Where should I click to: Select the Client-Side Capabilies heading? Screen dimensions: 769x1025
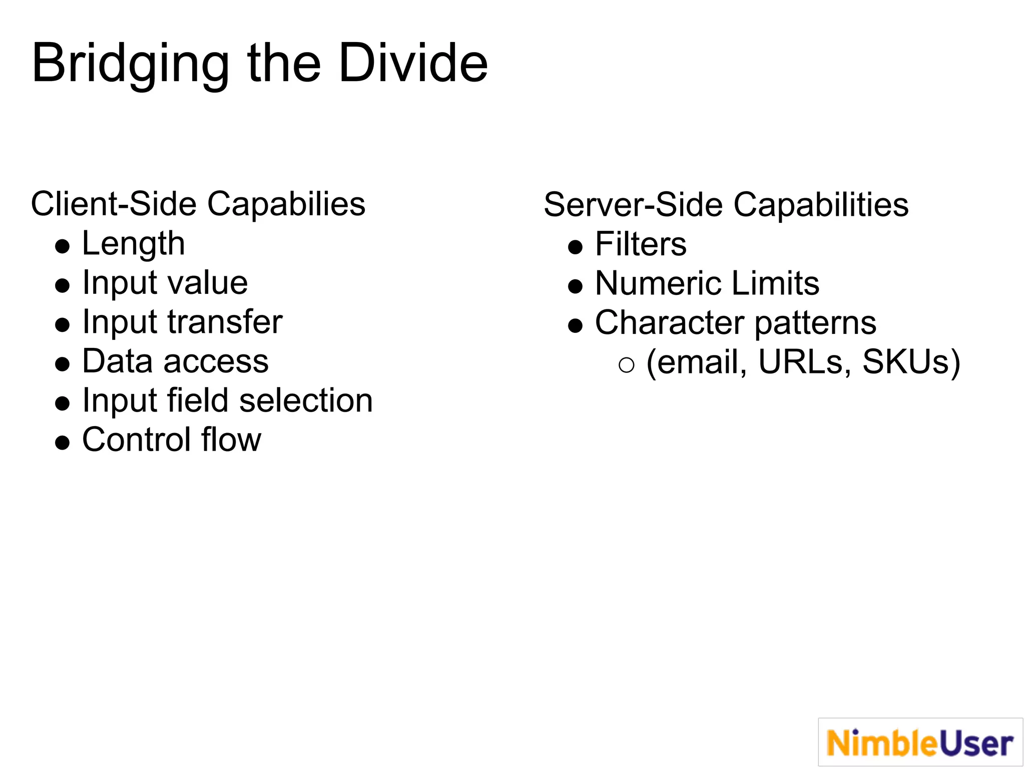198,204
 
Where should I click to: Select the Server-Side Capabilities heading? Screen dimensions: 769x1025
726,205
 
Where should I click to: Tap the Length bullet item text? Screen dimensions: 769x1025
133,244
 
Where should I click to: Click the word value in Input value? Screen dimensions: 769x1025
207,283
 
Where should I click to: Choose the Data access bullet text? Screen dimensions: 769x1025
175,361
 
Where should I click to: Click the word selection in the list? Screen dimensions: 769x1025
306,401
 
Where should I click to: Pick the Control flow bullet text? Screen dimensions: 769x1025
171,440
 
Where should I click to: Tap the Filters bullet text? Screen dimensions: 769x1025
641,244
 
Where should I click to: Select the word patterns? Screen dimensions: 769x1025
815,322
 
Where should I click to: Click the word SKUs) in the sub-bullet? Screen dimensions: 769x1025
911,361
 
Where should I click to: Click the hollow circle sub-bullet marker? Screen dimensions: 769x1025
626,365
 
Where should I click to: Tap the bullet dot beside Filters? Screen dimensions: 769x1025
576,247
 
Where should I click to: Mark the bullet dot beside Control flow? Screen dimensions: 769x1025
63,443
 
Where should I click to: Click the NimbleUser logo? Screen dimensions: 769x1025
920,742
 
